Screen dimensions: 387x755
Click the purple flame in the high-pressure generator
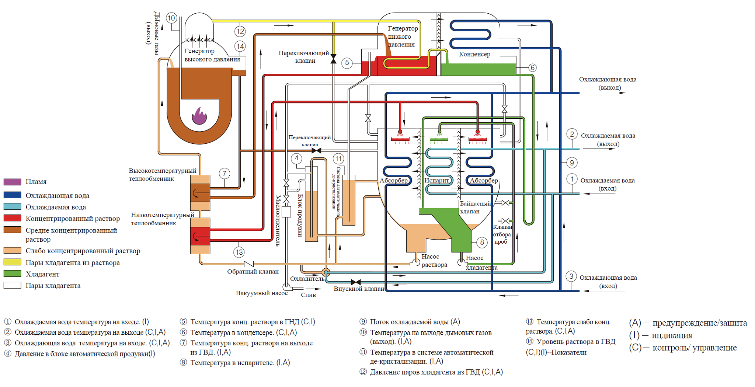[x=199, y=116]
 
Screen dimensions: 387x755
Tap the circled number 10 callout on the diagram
[x=171, y=18]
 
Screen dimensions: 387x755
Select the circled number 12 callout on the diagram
[x=240, y=31]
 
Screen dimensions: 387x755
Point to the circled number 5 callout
[x=347, y=63]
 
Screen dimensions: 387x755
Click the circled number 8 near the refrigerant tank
[x=482, y=242]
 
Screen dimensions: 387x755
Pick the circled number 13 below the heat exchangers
[x=239, y=252]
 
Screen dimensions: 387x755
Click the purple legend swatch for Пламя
[x=12, y=182]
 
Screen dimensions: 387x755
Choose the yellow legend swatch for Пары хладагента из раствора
[x=12, y=262]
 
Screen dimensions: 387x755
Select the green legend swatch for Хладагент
[x=12, y=274]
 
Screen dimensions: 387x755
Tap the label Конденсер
[x=474, y=54]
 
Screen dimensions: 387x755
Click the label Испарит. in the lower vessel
[x=436, y=181]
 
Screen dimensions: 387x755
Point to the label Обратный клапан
[x=253, y=272]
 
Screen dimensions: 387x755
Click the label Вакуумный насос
[x=261, y=293]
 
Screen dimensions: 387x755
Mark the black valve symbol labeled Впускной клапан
[x=356, y=282]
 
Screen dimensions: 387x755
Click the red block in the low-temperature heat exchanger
[x=200, y=236]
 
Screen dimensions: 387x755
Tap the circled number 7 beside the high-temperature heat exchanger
[x=225, y=173]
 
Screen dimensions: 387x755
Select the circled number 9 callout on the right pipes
[x=572, y=163]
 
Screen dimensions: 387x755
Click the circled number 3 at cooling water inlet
[x=571, y=276]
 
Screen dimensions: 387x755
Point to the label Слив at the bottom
[x=308, y=295]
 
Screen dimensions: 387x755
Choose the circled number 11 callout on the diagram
[x=338, y=159]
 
